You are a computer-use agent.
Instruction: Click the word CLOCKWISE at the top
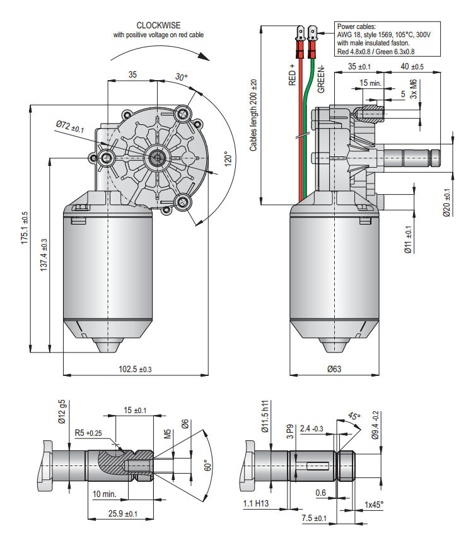point(158,25)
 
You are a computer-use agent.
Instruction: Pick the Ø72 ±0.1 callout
point(70,127)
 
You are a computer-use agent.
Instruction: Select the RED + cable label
point(293,74)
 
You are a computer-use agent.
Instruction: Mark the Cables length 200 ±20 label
point(253,115)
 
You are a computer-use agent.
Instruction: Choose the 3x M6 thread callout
point(414,87)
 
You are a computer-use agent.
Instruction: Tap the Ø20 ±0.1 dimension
point(446,202)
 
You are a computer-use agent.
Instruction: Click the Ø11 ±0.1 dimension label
point(408,239)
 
